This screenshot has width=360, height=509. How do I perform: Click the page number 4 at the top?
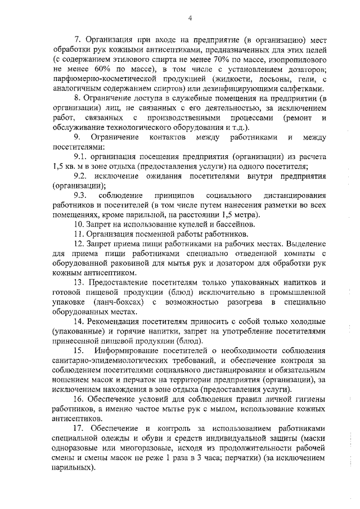point(190,19)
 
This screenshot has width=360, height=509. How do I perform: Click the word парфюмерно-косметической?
point(101,79)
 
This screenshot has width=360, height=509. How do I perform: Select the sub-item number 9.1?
point(82,157)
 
